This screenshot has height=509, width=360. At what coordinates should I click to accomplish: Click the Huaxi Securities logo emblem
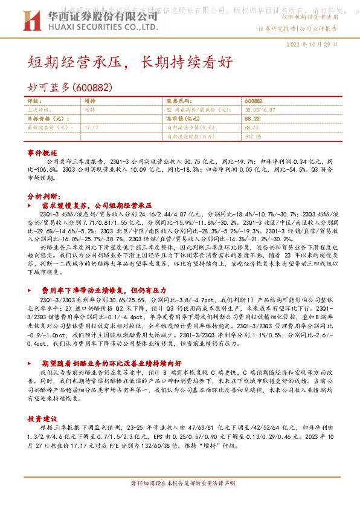[28, 23]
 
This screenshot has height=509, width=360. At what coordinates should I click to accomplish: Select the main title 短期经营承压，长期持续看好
[129, 62]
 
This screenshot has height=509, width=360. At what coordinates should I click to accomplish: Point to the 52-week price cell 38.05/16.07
[261, 111]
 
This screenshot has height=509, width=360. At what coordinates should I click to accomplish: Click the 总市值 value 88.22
[252, 119]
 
